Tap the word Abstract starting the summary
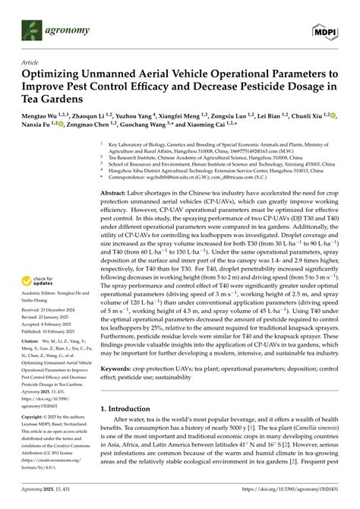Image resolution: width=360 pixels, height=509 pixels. (114, 194)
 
